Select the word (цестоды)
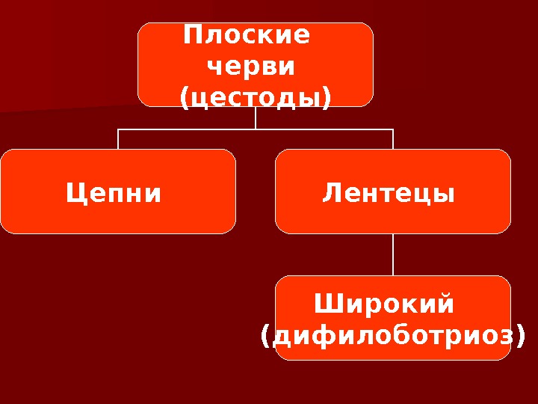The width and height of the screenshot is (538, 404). click(x=256, y=99)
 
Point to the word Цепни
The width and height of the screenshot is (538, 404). click(x=114, y=195)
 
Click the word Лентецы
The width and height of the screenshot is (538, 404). click(x=389, y=195)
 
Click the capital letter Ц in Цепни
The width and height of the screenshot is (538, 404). click(x=74, y=195)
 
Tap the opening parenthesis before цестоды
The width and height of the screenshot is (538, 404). click(x=185, y=100)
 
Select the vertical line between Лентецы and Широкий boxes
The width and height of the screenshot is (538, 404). click(x=393, y=254)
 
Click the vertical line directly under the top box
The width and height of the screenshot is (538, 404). click(x=256, y=117)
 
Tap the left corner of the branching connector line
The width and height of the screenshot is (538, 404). click(x=118, y=129)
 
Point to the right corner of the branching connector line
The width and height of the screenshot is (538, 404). click(x=393, y=129)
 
